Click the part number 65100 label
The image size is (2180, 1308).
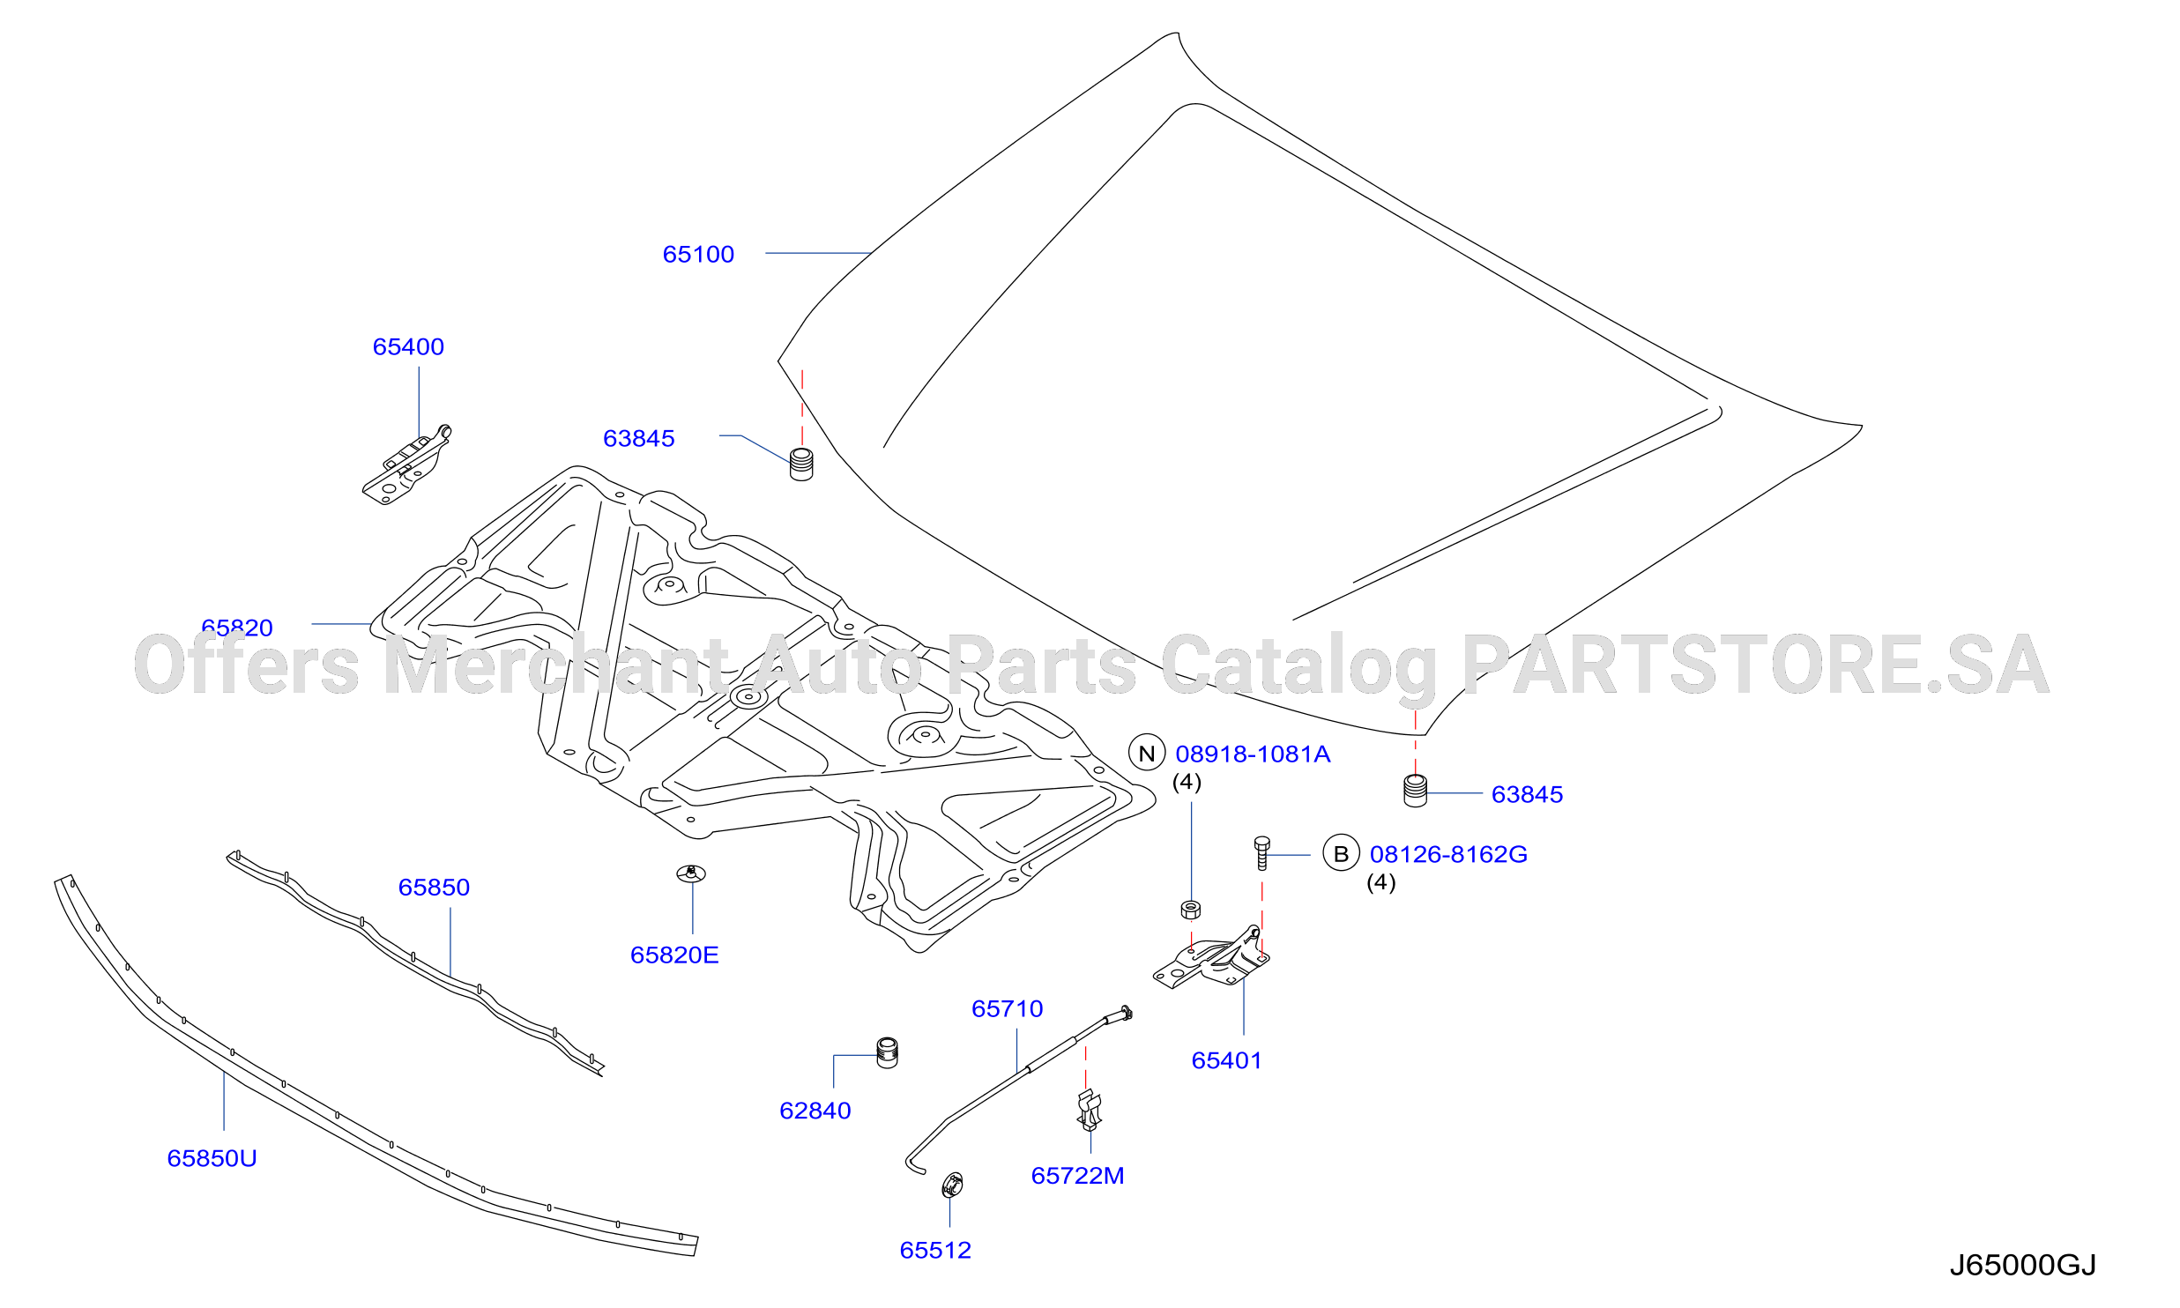click(x=698, y=255)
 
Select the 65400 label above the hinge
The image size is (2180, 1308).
click(x=408, y=347)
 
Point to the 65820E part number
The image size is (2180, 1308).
click(x=674, y=955)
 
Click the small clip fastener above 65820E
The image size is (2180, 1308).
click(x=691, y=873)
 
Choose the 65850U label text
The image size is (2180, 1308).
click(x=212, y=1159)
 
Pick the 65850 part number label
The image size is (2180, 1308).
click(x=434, y=888)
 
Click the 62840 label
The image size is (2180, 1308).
click(x=815, y=1111)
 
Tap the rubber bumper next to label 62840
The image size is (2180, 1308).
click(x=888, y=1053)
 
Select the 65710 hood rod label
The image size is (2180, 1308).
click(x=1008, y=1009)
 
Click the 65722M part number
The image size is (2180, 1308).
click(x=1077, y=1177)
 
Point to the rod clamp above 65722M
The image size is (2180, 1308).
click(x=1090, y=1111)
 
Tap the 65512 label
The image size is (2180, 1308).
click(x=935, y=1251)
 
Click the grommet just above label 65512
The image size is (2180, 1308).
click(x=952, y=1185)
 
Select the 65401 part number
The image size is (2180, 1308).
click(x=1227, y=1061)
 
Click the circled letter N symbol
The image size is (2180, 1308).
click(x=1147, y=754)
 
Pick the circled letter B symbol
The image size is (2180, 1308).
click(x=1341, y=854)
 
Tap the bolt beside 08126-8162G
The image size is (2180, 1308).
click(x=1261, y=853)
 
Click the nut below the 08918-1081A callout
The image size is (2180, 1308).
click(x=1191, y=910)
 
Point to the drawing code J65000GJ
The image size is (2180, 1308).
click(x=2023, y=1266)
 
